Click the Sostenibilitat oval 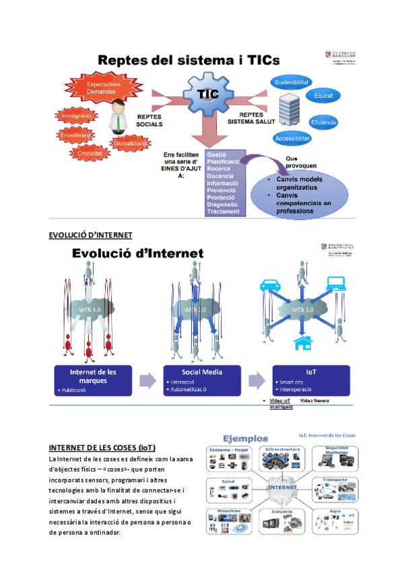(x=292, y=82)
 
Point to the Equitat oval (x=324, y=96)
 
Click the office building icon (x=290, y=110)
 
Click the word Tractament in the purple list (x=224, y=212)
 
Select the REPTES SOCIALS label (x=149, y=120)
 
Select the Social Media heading (x=202, y=372)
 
